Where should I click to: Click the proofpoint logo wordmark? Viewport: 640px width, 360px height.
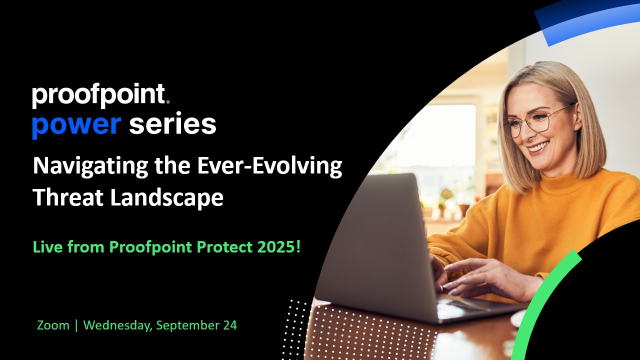coord(100,95)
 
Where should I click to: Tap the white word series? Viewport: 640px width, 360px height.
coord(172,124)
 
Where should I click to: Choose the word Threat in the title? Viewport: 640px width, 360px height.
coord(68,197)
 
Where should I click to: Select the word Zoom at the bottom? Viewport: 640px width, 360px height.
coord(53,325)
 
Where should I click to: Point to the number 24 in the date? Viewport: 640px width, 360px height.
coord(230,325)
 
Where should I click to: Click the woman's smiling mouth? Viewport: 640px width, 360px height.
coord(538,147)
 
